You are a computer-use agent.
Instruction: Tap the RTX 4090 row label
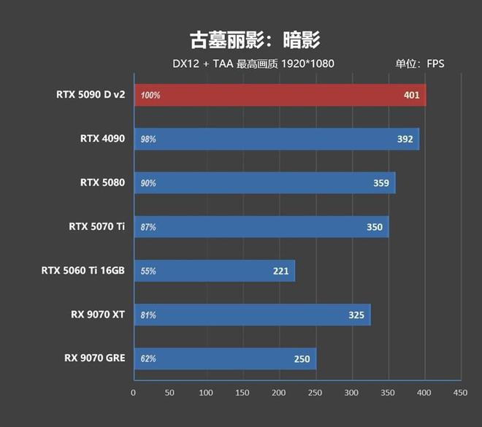coord(103,139)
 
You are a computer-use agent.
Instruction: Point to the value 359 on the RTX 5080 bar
coord(381,183)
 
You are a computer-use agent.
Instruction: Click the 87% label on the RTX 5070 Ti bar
coord(148,227)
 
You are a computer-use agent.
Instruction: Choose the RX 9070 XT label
coord(98,315)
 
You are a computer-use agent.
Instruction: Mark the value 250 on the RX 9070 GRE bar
coord(302,358)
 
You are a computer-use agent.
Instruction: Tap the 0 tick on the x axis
coord(134,393)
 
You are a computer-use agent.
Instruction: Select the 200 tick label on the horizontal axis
coord(279,393)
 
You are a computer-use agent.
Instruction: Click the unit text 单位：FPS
coord(420,64)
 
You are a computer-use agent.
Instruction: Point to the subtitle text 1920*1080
coord(310,64)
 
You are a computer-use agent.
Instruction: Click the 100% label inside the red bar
coord(151,96)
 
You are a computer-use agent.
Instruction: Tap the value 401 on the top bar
coord(412,96)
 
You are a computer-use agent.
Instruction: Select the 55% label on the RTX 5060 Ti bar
coord(148,271)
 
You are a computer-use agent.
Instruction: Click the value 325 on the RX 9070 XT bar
coord(356,315)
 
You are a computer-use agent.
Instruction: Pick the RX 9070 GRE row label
coord(95,358)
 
